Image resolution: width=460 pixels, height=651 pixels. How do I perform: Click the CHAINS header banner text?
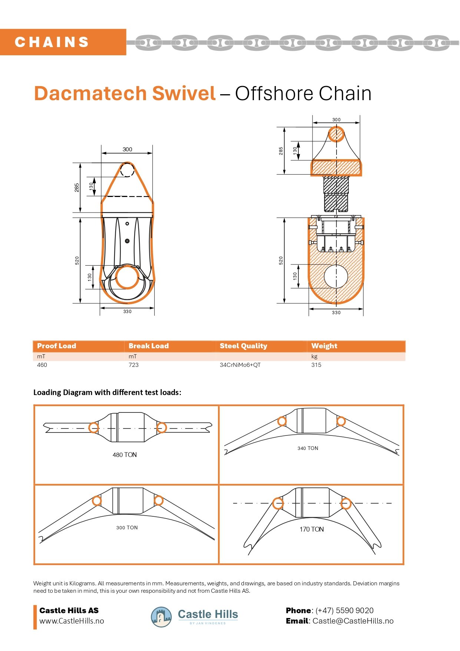pos(52,42)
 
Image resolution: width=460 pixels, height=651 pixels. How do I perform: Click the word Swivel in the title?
pos(184,93)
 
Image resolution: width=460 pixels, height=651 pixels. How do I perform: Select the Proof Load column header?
pos(56,346)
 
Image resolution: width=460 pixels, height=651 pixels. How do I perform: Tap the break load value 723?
pos(133,365)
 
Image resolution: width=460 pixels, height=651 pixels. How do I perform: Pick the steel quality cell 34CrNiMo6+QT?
pos(240,365)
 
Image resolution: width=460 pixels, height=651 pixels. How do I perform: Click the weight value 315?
pos(316,365)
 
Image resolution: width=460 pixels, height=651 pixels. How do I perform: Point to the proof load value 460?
pos(42,365)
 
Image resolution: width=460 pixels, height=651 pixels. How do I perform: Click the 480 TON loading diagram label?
pos(125,455)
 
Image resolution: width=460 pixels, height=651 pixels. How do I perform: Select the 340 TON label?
pos(308,448)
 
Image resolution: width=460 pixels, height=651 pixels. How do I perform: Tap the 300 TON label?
pos(127,527)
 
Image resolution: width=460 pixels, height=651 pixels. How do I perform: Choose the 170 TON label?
pos(311,529)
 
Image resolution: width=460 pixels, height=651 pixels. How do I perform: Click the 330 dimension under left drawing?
pos(127,312)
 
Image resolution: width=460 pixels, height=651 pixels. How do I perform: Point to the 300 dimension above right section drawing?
pos(336,119)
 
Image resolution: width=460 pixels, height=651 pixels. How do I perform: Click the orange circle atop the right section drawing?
pos(337,134)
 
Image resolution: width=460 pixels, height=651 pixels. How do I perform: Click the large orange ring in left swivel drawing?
pos(127,277)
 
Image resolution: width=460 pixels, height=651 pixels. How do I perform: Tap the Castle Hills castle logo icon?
pos(161,617)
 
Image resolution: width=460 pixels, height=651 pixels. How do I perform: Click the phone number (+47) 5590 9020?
pos(344,611)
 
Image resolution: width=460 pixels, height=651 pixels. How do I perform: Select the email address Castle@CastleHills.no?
pos(353,621)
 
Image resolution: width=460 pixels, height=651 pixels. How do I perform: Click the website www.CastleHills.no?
pos(72,621)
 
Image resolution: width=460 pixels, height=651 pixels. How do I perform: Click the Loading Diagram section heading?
pos(107,392)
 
